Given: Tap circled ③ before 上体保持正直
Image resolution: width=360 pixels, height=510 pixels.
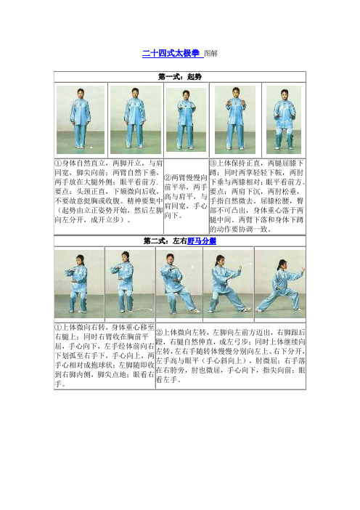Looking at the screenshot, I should [213, 163].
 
